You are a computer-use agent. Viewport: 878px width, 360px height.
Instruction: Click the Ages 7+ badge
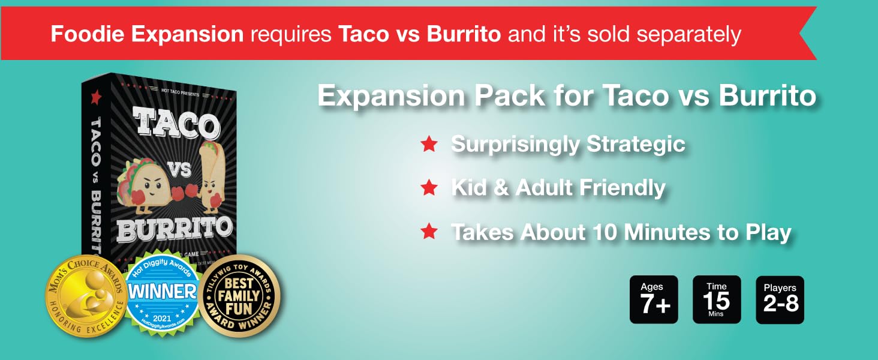click(x=654, y=299)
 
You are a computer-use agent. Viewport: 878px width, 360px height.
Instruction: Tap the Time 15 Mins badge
click(x=717, y=299)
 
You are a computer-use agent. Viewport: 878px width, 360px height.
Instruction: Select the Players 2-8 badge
click(x=780, y=299)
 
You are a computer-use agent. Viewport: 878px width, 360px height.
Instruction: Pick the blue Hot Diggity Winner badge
click(x=163, y=293)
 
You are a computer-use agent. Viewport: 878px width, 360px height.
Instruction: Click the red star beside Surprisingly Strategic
click(x=429, y=145)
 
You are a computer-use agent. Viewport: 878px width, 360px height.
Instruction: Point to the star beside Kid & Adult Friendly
click(x=429, y=188)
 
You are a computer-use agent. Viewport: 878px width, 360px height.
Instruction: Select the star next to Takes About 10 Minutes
click(x=429, y=231)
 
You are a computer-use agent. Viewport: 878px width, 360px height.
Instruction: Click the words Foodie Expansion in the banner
click(x=147, y=34)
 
